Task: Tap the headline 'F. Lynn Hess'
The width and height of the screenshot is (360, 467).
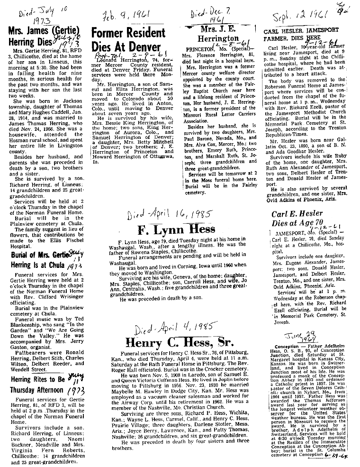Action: [x=177, y=230]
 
